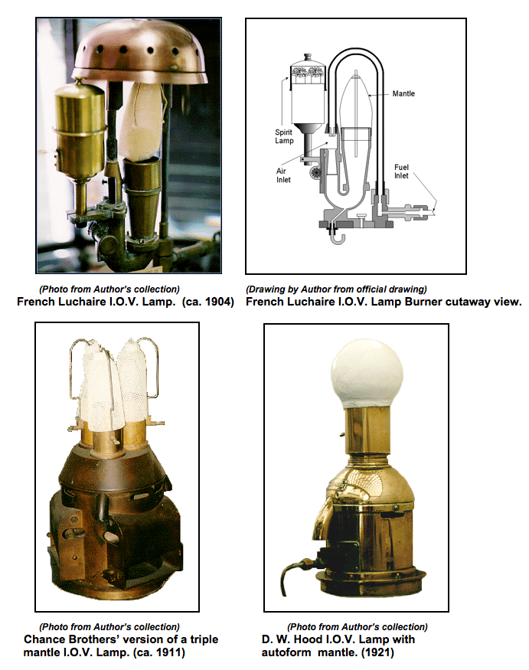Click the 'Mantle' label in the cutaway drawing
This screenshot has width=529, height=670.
tap(403, 93)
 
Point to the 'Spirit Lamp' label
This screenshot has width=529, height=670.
tap(284, 137)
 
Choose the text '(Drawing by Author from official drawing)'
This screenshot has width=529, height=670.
tap(336, 289)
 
